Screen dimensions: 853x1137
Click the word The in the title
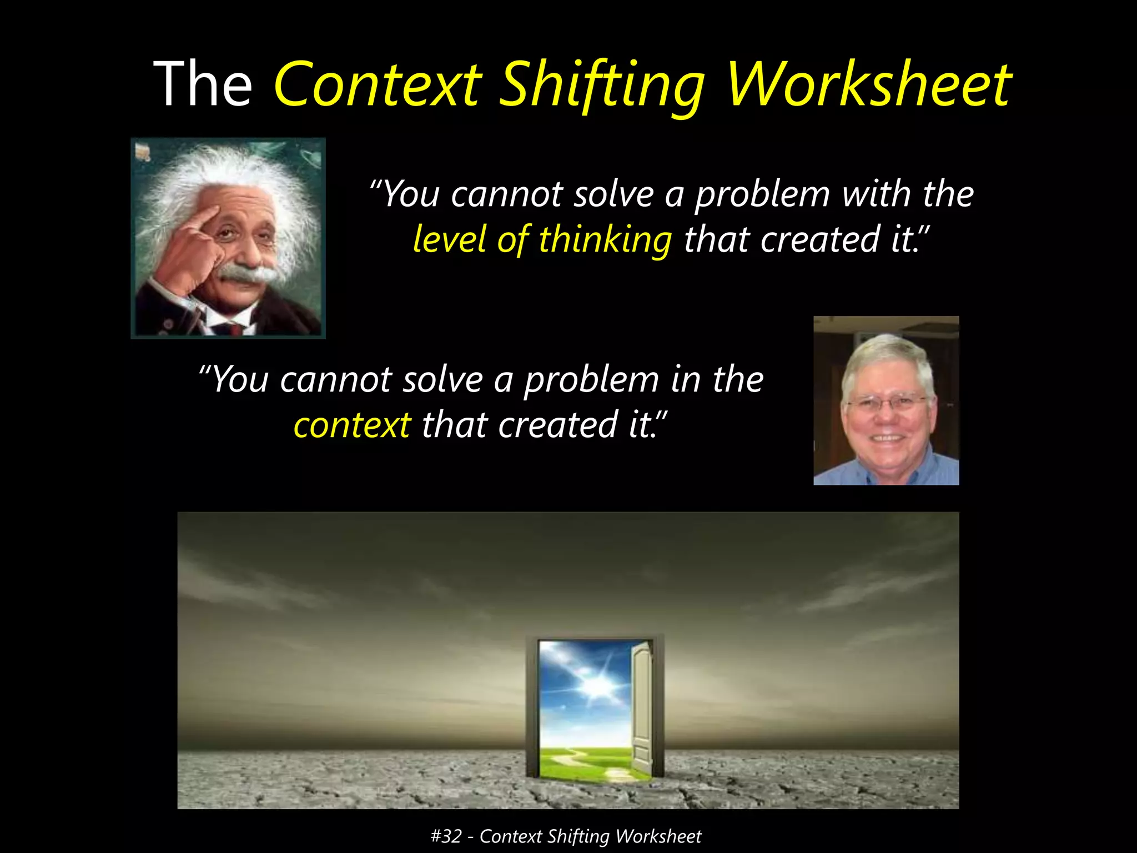coord(203,84)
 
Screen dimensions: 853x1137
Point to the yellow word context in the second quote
coord(352,425)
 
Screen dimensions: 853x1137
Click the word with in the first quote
coord(877,194)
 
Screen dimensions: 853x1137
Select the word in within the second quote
coord(687,380)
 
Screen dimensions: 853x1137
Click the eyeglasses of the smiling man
coord(887,402)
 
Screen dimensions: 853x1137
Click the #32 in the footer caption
coord(445,836)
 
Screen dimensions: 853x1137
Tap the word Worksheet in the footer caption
coord(658,836)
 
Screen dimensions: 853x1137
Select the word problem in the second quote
coord(592,380)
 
